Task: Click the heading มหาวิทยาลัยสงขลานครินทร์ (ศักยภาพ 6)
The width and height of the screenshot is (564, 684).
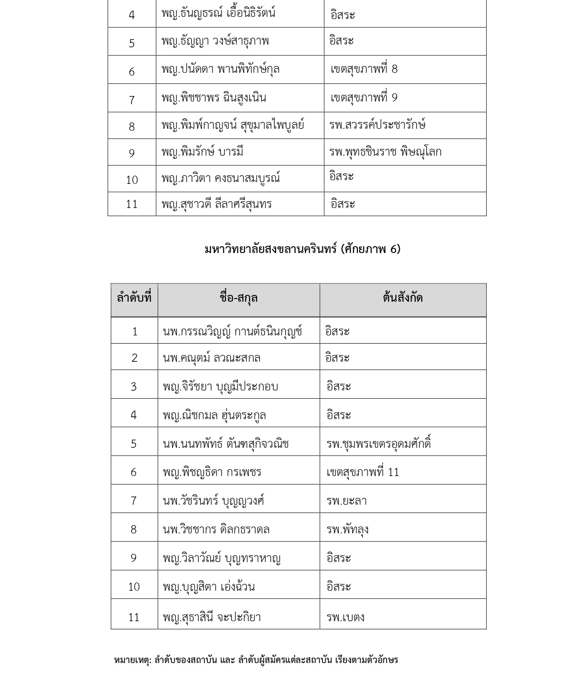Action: coord(302,249)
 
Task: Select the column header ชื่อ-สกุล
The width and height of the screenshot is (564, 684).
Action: coord(238,298)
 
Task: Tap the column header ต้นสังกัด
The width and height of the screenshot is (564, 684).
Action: coord(403,298)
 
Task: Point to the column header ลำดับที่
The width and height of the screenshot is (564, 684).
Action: coord(134,298)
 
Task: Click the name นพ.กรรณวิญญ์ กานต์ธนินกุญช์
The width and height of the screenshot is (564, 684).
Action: coord(232,332)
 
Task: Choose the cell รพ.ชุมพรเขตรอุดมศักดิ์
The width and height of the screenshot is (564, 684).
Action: coord(378,443)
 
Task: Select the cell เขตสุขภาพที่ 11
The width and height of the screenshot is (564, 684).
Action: coord(363,472)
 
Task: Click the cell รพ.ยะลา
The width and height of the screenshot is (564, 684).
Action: coord(346,501)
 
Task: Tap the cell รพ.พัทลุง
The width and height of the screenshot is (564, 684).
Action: coord(347,529)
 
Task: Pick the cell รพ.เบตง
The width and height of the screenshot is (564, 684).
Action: coord(345,617)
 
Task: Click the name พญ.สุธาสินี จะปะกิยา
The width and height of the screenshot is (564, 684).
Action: coord(211,617)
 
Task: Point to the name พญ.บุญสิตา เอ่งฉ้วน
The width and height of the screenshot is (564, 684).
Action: coord(208,587)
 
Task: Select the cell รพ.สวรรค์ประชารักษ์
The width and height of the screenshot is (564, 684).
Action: coord(377,125)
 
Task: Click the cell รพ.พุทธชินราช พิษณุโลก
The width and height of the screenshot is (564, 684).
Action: coord(385,152)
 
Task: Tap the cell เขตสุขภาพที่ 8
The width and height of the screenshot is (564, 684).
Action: coord(364,69)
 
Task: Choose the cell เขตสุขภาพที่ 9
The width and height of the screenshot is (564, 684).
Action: coord(364,97)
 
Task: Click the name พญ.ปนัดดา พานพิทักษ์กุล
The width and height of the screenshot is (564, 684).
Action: coord(220,69)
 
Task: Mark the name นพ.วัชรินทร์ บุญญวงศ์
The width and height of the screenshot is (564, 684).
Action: coord(213,501)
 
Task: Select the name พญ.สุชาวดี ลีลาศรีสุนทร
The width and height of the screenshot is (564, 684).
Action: coord(216,204)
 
